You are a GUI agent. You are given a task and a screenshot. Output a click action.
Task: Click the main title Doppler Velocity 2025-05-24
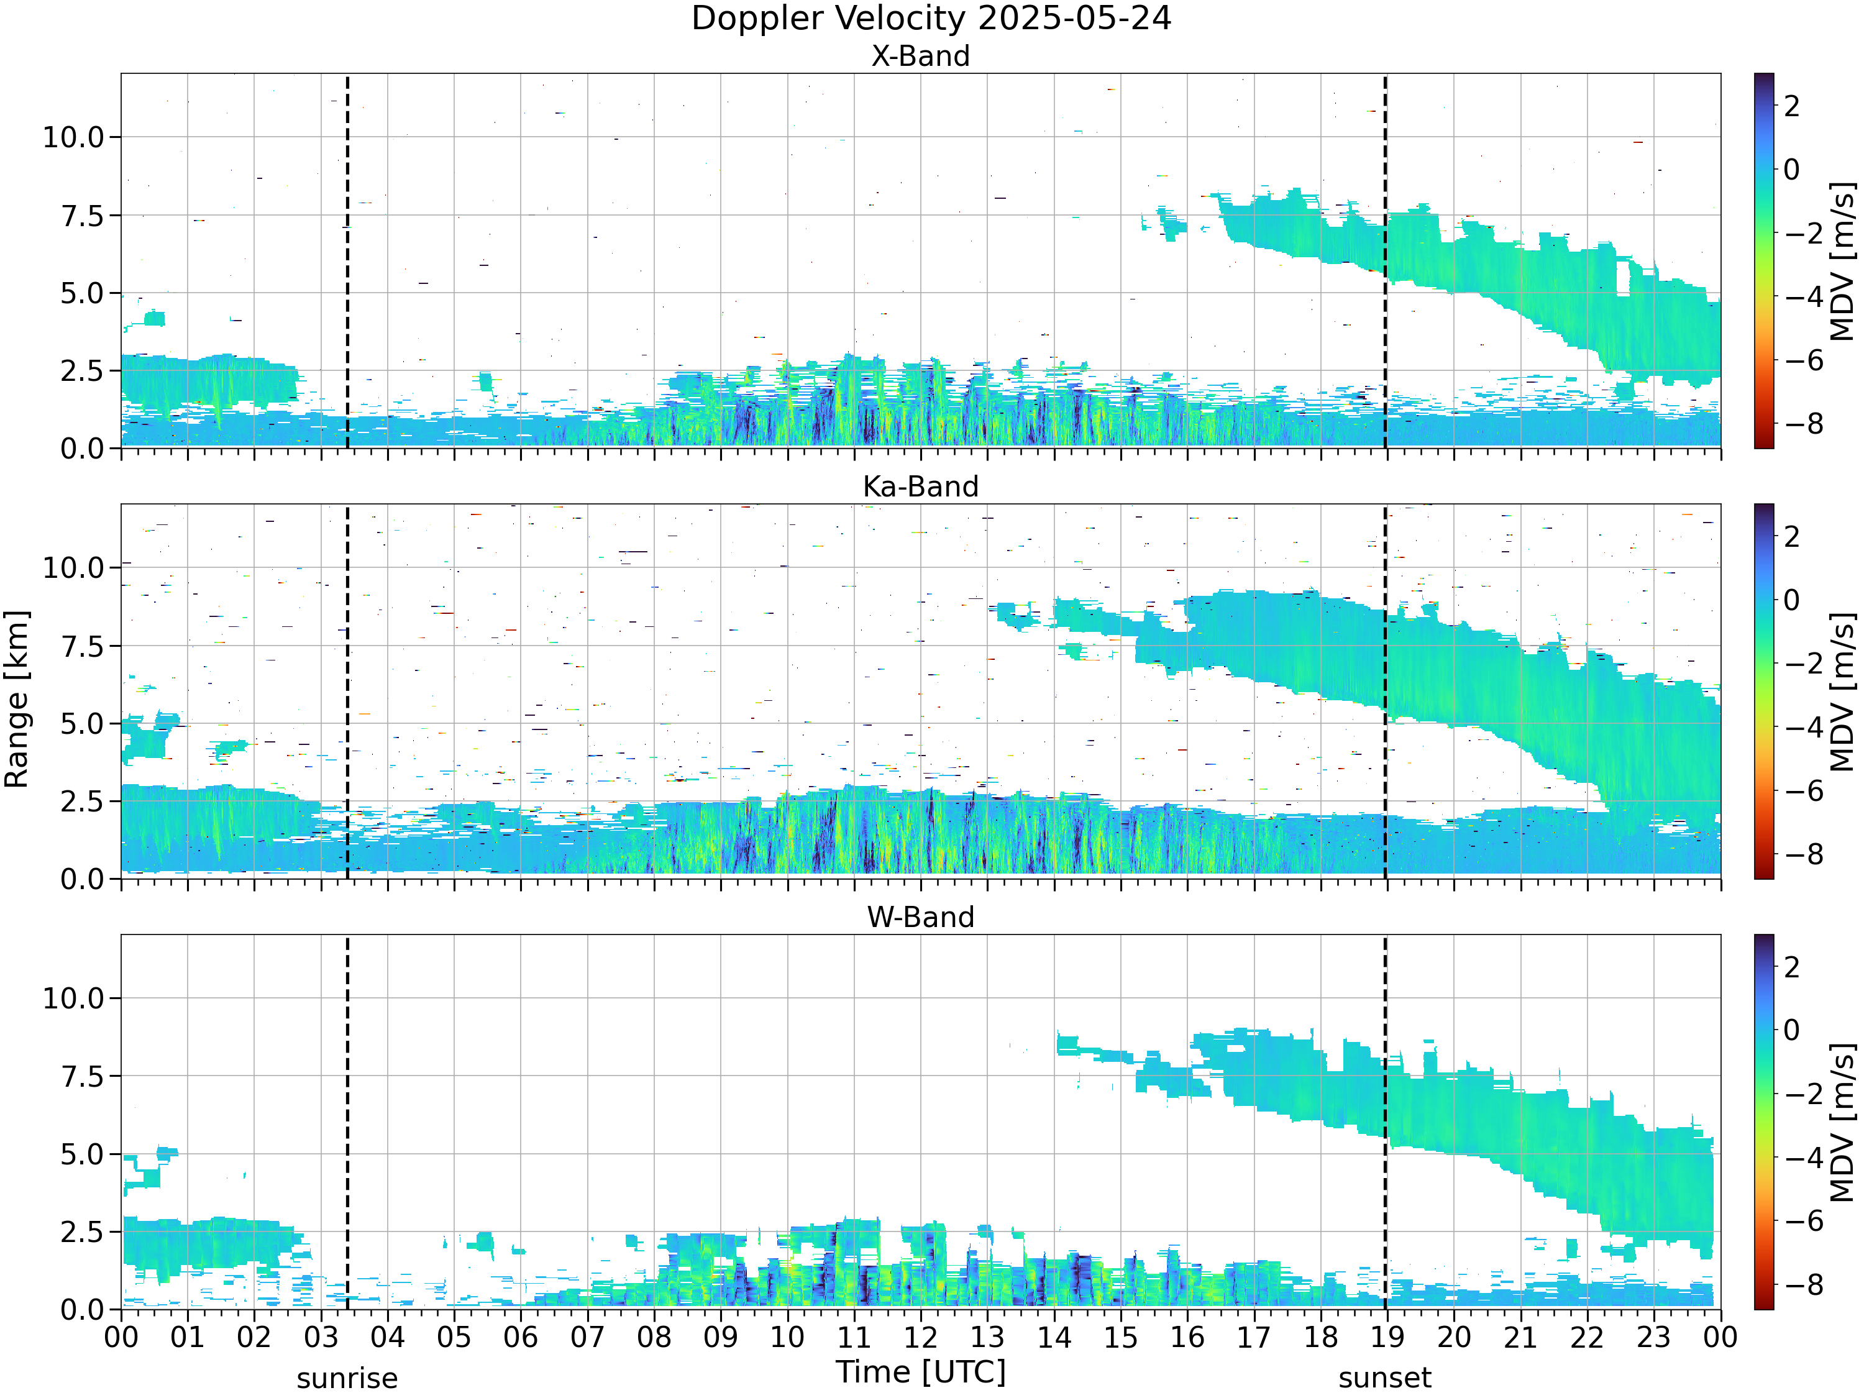[x=931, y=19]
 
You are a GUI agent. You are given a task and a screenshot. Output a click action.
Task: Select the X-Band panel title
[x=920, y=56]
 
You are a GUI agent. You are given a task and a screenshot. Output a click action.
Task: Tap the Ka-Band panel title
[x=920, y=487]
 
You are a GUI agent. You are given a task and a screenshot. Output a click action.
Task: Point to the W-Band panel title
[x=920, y=917]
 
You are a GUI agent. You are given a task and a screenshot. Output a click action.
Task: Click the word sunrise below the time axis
[x=347, y=1379]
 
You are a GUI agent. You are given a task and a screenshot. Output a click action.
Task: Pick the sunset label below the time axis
[x=1384, y=1379]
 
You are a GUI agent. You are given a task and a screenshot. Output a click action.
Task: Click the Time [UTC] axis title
[x=920, y=1373]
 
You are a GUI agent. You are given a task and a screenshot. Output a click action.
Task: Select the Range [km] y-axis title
[x=17, y=700]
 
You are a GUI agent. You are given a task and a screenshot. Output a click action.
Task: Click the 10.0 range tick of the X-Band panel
[x=73, y=137]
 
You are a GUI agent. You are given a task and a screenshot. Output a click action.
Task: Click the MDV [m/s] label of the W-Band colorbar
[x=1842, y=1123]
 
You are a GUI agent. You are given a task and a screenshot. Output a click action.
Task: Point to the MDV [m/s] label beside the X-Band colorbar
[x=1842, y=261]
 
